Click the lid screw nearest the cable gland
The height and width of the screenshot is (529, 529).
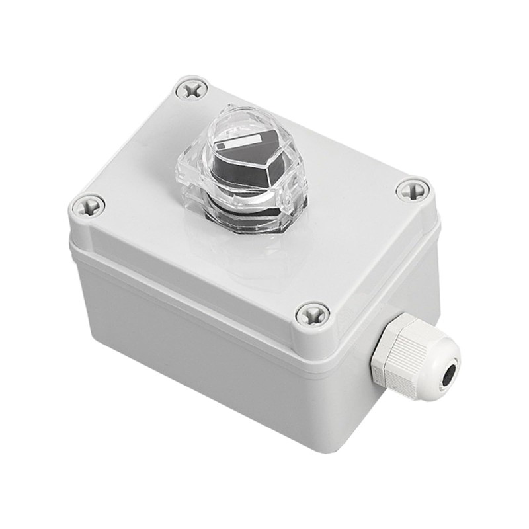313,314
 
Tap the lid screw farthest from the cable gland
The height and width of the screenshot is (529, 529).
192,89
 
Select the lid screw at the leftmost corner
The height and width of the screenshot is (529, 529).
88,206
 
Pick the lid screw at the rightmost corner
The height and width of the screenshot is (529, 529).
413,190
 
